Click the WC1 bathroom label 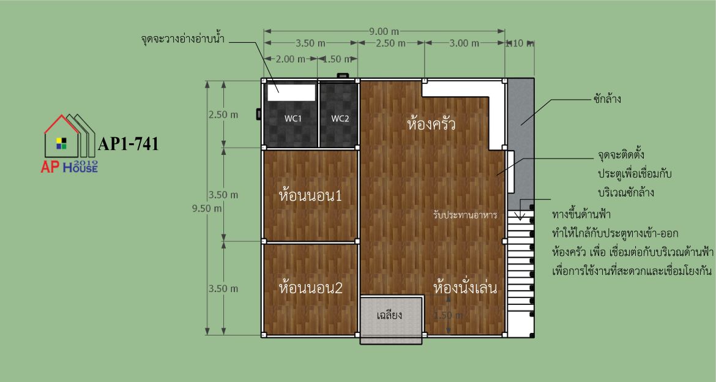tap(293, 119)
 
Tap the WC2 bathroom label tap(340, 119)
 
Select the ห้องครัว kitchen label tap(431, 124)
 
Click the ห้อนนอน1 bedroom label tap(310, 196)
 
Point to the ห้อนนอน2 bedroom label tap(310, 288)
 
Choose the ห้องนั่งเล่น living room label tap(465, 287)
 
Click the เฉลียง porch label tap(389, 315)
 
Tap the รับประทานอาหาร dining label tap(465, 214)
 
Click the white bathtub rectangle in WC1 tap(291, 92)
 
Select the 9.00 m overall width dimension tap(384, 32)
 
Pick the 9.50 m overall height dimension tap(207, 208)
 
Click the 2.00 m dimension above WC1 tap(291, 59)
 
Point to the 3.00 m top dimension tap(464, 43)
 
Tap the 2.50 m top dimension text tap(390, 43)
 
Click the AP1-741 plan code tap(129, 144)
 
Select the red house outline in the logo tap(62, 136)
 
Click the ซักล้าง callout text tap(607, 99)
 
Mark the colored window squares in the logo tap(61, 143)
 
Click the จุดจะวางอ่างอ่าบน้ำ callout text tap(182, 39)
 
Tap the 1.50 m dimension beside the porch tap(448, 315)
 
